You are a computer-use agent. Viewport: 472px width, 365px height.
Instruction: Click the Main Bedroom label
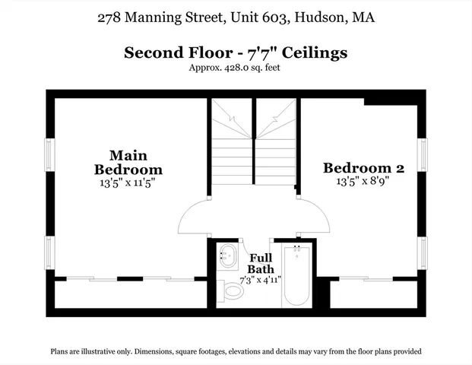pyautogui.click(x=127, y=161)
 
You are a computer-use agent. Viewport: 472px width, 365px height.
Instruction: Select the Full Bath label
pyautogui.click(x=261, y=263)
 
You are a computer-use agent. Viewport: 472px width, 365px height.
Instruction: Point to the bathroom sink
pyautogui.click(x=227, y=256)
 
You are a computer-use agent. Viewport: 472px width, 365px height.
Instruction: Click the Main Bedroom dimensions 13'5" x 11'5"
pyautogui.click(x=127, y=182)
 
